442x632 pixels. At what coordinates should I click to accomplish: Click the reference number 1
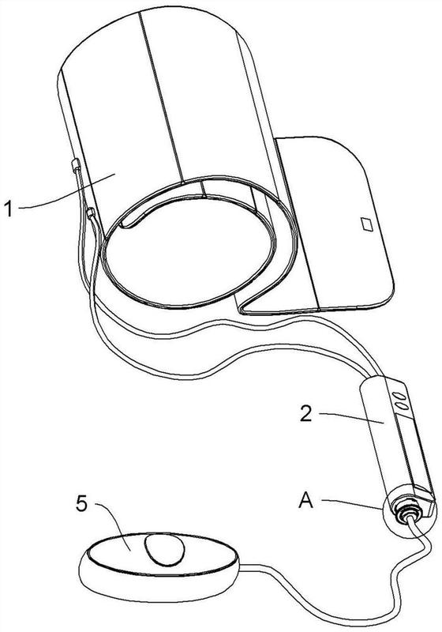coord(8,209)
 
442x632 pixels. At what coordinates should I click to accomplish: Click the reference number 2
coord(306,414)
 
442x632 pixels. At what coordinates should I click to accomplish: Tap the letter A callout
coord(306,501)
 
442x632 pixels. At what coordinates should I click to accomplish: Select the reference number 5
coord(82,504)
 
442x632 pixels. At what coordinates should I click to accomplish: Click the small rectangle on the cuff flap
coord(367,224)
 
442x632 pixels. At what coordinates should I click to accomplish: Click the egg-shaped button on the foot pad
coord(165,550)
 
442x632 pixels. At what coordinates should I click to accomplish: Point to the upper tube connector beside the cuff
coord(76,165)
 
